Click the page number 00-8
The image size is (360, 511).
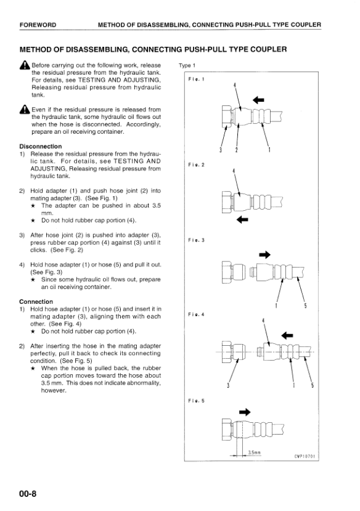(28, 494)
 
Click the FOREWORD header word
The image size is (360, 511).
(38, 25)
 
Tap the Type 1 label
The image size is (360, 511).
(187, 65)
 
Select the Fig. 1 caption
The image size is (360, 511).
(196, 79)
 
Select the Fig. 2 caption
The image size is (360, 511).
(196, 165)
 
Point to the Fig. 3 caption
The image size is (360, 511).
(196, 240)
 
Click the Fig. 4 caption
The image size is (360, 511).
(196, 314)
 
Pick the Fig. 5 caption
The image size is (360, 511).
(196, 401)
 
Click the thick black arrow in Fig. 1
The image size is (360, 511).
(258, 100)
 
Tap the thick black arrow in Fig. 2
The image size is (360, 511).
(242, 219)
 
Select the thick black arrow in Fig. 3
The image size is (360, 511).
(264, 255)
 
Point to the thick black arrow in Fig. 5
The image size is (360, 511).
(245, 412)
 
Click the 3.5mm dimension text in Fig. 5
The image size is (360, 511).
(255, 452)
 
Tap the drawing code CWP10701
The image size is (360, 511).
(305, 456)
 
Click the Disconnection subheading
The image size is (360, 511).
(41, 146)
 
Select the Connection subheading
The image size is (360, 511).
(36, 302)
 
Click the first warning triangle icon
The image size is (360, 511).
(25, 65)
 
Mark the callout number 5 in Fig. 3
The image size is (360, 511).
(305, 306)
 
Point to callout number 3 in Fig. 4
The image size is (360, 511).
(228, 385)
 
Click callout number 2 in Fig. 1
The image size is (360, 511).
(237, 150)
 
